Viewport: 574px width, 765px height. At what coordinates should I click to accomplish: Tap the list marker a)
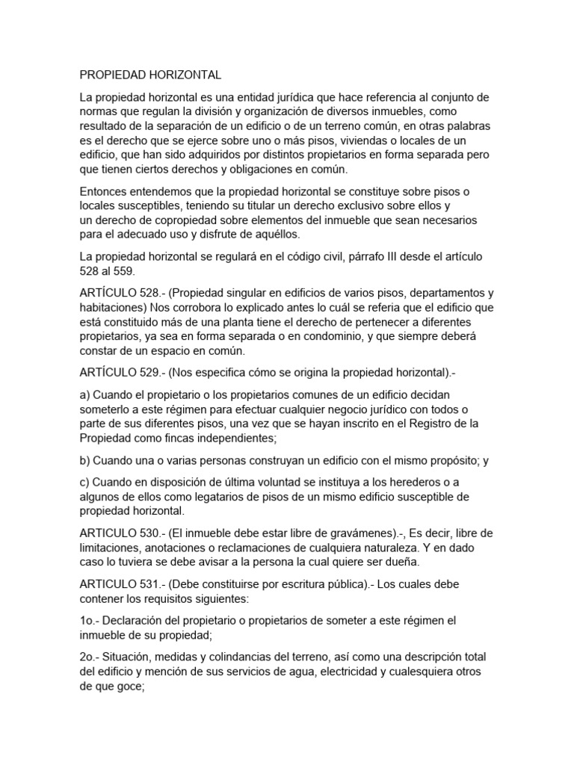point(85,394)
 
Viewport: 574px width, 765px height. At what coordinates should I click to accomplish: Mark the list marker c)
point(85,482)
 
